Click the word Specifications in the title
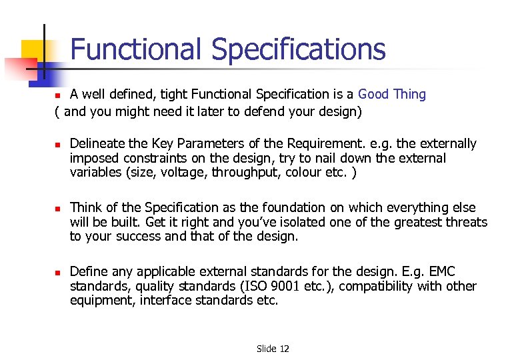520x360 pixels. pos(298,50)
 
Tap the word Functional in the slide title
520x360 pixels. pos(136,49)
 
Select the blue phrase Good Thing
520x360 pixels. pos(392,94)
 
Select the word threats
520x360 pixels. pos(465,222)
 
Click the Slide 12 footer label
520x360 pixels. pos(273,349)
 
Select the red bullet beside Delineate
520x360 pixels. pos(58,144)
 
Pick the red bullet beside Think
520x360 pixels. pos(58,208)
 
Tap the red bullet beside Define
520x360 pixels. pos(58,272)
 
